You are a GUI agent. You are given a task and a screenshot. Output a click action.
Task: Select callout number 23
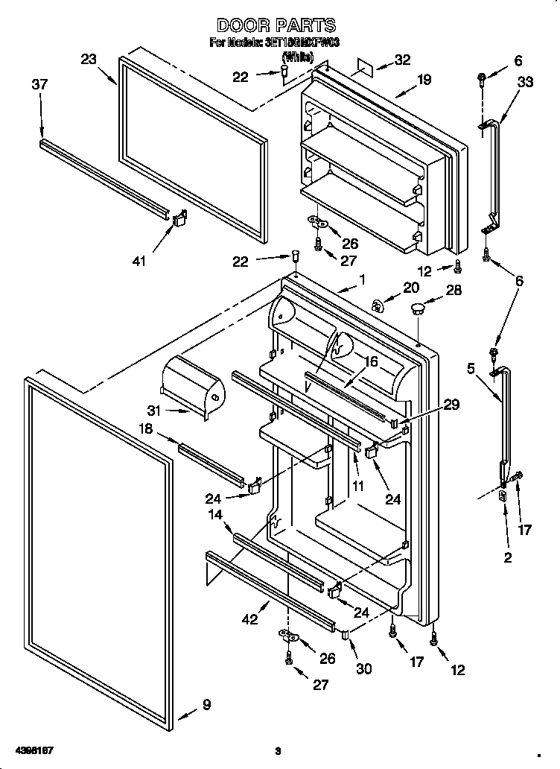89,60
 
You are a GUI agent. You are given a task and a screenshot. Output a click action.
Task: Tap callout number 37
39,85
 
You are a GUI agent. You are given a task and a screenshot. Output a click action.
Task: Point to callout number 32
401,60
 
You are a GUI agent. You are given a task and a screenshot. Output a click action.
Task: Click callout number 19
423,80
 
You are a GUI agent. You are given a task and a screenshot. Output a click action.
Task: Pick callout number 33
524,82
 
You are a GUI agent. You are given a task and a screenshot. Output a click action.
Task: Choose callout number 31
154,411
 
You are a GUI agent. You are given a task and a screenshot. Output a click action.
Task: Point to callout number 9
206,705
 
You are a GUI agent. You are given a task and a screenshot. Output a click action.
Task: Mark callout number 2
507,557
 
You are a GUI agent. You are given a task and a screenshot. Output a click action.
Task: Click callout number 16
370,361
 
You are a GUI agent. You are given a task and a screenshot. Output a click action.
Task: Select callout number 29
451,405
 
